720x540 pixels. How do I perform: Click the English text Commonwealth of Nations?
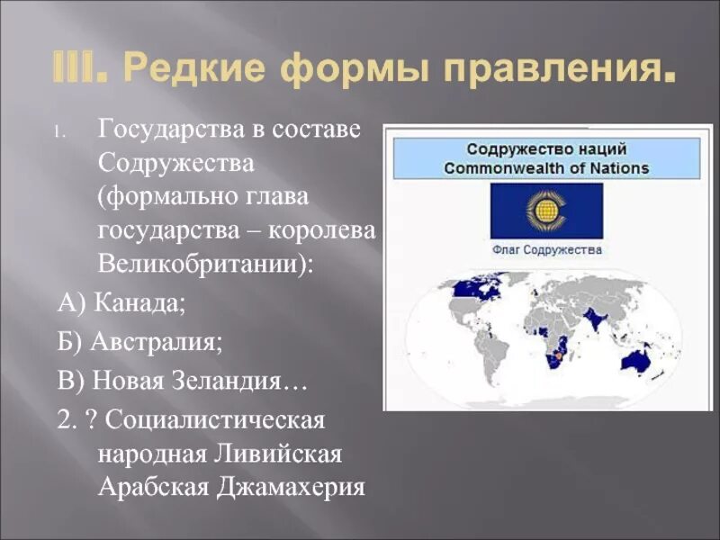point(546,168)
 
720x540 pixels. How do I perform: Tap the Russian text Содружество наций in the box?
point(546,149)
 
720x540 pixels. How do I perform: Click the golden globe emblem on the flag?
point(545,211)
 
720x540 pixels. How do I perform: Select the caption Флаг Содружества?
point(546,250)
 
